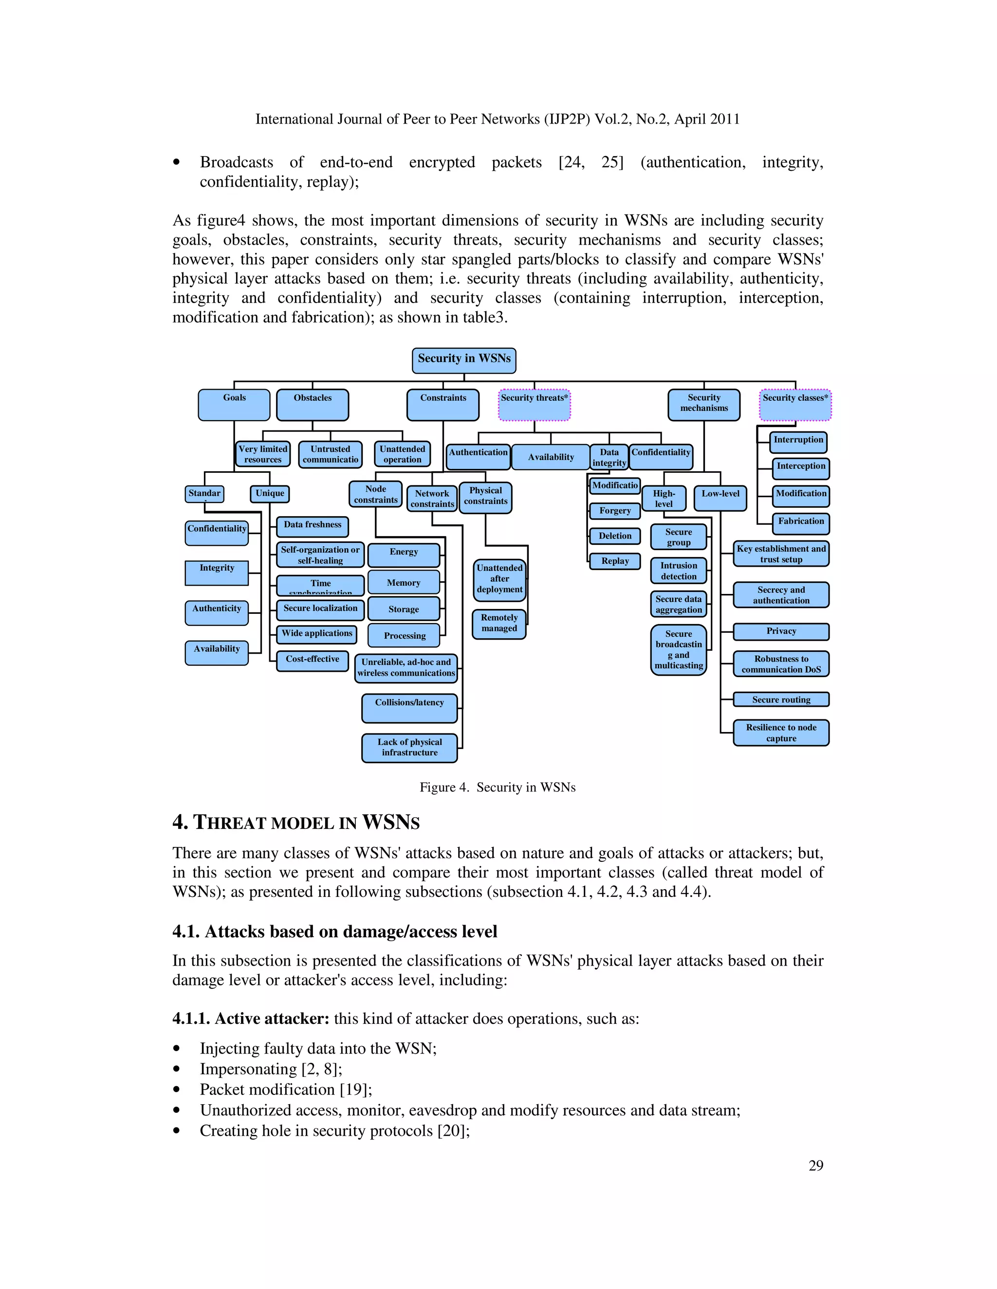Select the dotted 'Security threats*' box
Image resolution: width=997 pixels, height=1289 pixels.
[x=534, y=404]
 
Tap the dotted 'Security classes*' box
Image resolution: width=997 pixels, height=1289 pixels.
[x=795, y=404]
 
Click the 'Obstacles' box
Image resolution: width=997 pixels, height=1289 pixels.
[x=313, y=404]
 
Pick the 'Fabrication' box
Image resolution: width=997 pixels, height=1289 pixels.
[x=800, y=522]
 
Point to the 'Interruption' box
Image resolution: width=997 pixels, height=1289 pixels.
[x=798, y=441]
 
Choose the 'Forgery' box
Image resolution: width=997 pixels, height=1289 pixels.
[x=615, y=511]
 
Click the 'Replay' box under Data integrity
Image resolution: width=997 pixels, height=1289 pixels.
[x=615, y=561]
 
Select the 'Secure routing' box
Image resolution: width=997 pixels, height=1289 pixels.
[x=781, y=699]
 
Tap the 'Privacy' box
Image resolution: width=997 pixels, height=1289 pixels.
[x=781, y=631]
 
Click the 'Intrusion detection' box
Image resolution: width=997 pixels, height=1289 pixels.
[x=678, y=571]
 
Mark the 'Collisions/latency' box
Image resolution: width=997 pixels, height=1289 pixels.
[x=409, y=708]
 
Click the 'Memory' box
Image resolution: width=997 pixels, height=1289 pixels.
[x=404, y=583]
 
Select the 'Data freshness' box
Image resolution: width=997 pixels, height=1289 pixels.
[x=313, y=525]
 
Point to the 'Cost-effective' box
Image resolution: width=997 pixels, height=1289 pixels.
[x=313, y=661]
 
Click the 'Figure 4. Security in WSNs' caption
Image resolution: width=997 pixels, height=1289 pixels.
[x=498, y=788]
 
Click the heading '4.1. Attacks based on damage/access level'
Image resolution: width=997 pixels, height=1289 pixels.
[x=334, y=931]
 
